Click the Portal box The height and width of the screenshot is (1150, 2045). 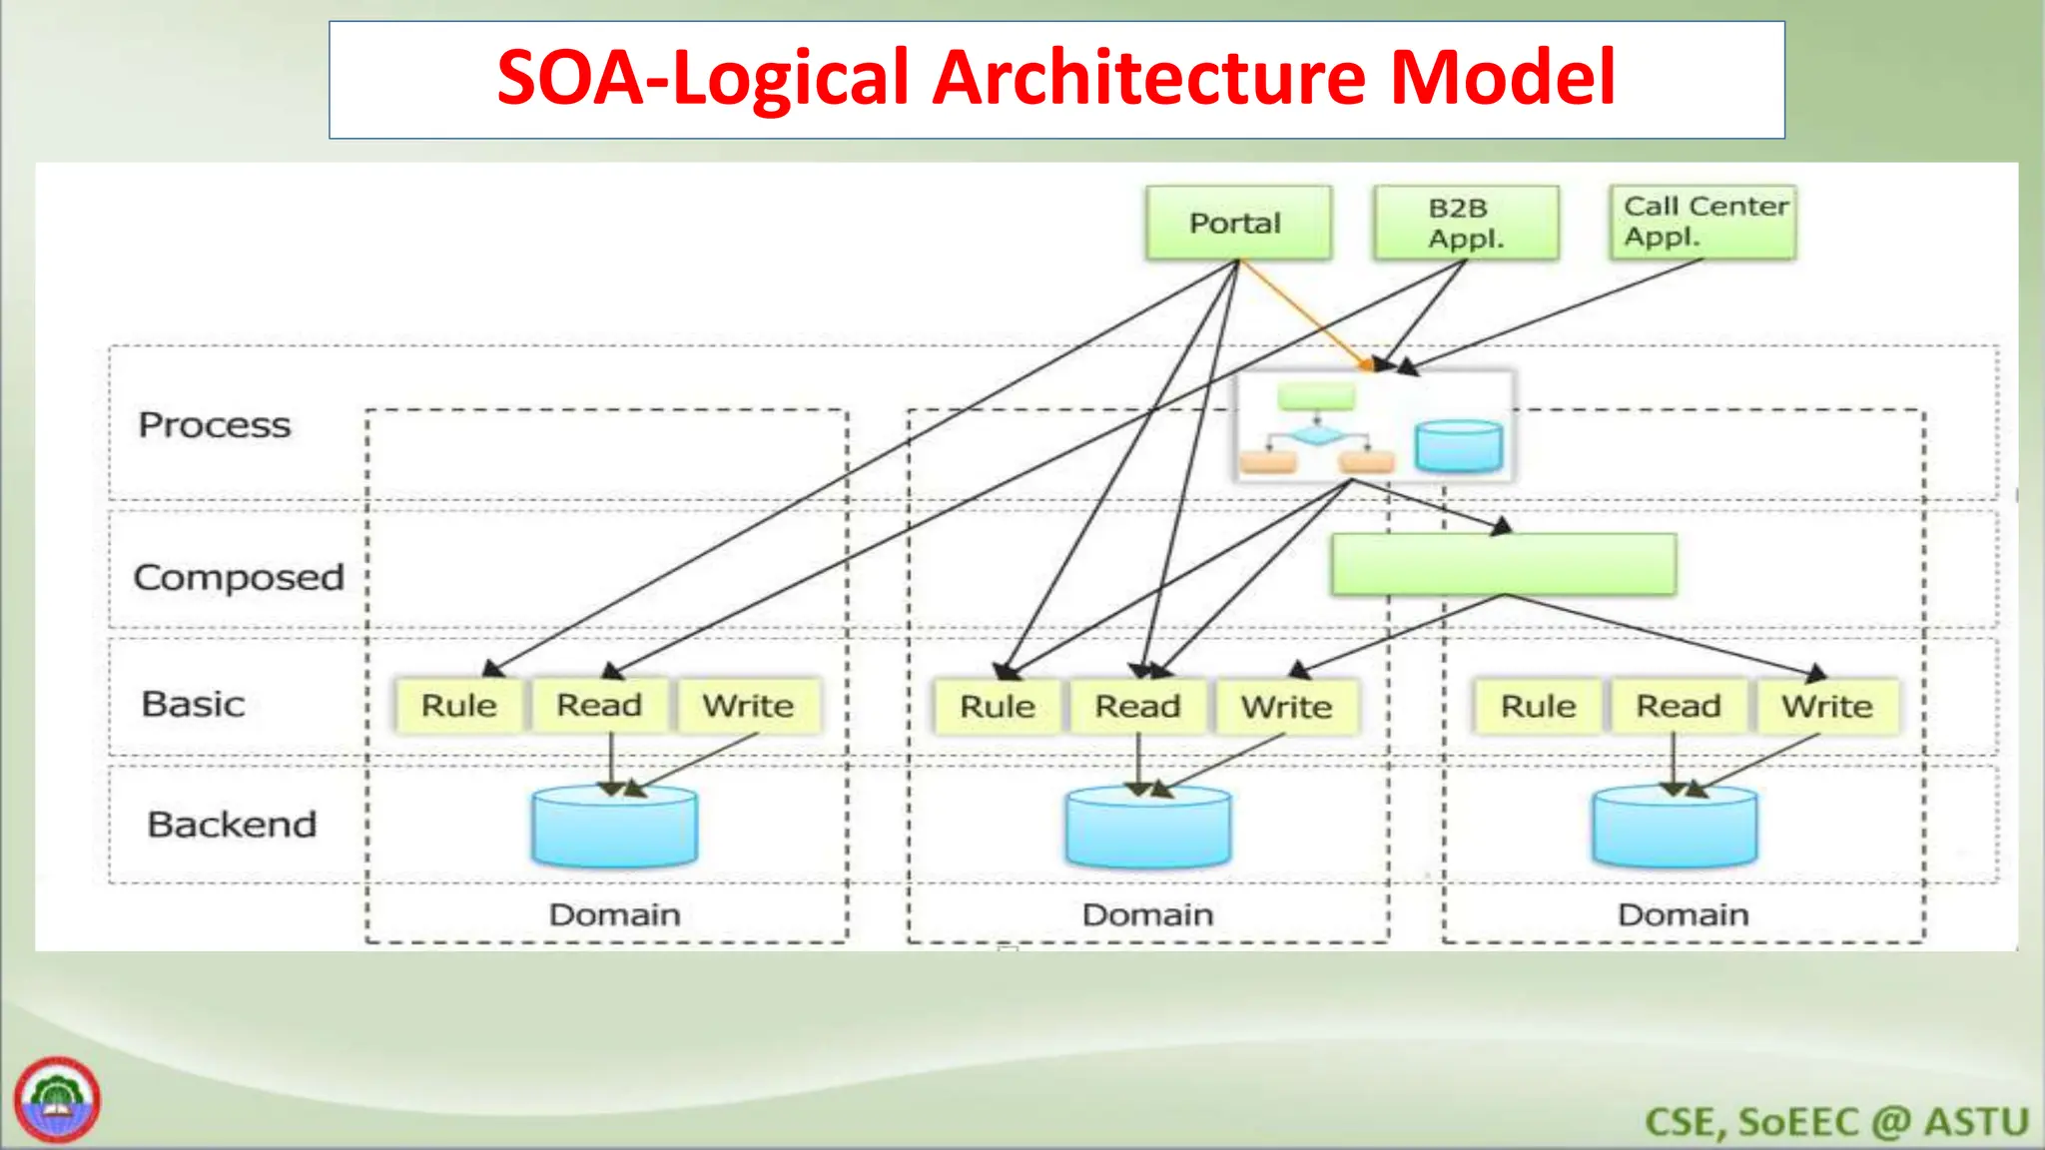1237,223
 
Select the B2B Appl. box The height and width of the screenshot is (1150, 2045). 1465,223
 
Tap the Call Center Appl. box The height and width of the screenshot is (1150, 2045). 1703,222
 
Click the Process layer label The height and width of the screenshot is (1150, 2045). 215,425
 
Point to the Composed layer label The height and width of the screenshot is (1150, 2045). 239,577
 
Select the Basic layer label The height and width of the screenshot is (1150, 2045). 193,704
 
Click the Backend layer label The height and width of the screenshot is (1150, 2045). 232,825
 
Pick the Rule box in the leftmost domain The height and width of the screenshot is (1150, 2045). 458,706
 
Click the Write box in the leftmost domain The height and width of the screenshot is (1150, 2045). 748,706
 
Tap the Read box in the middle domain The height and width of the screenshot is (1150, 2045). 1137,707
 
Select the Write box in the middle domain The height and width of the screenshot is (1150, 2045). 1286,707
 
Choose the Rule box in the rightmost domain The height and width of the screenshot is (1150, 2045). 1538,707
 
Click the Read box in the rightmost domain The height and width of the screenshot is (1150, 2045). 1678,707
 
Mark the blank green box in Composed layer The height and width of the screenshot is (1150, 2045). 1503,565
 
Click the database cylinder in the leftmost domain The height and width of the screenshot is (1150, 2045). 614,829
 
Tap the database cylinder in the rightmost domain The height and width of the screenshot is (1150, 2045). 1675,829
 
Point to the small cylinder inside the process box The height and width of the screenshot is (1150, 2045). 1458,446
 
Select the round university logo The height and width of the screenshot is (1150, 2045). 57,1099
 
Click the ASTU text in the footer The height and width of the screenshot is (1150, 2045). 1976,1122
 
